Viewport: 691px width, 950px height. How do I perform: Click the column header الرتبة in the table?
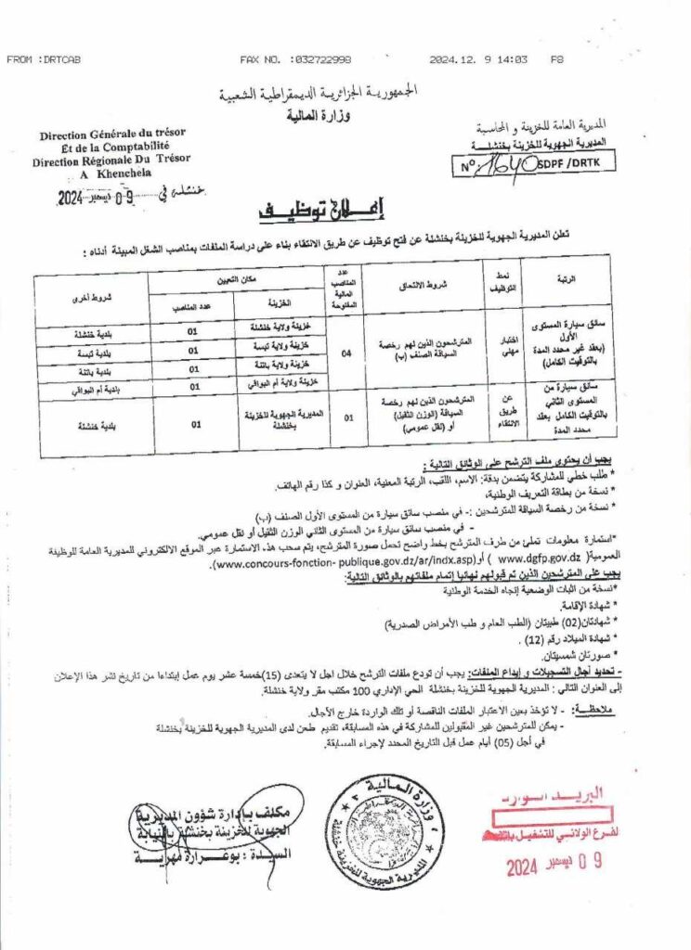pos(565,277)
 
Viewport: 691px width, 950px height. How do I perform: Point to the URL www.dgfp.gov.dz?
pos(540,560)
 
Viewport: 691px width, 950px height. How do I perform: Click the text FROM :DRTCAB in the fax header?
pos(44,59)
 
